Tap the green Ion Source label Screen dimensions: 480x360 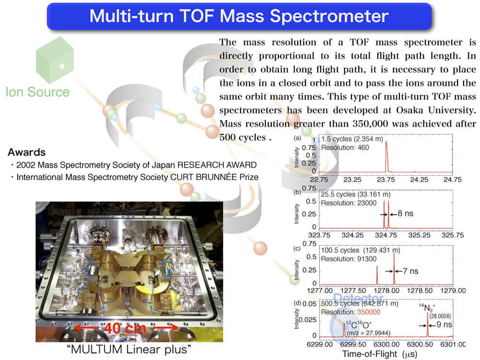coord(37,92)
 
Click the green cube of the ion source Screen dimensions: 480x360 coord(55,60)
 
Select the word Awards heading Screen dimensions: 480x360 coord(26,152)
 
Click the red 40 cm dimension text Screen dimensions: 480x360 coord(125,328)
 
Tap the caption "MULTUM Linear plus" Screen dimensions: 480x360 coord(129,349)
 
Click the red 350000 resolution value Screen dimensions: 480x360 coord(369,312)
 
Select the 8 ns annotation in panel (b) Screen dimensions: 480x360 coord(405,214)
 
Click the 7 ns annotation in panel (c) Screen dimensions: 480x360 coord(410,271)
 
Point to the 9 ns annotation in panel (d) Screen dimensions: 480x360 coord(444,324)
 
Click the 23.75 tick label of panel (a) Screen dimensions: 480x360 coord(386,180)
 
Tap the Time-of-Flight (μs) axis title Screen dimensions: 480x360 coord(380,354)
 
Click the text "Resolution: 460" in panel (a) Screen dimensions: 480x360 coord(345,147)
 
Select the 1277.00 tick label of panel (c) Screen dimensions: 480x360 coord(320,290)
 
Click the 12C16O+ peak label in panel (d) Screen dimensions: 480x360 coord(359,324)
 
